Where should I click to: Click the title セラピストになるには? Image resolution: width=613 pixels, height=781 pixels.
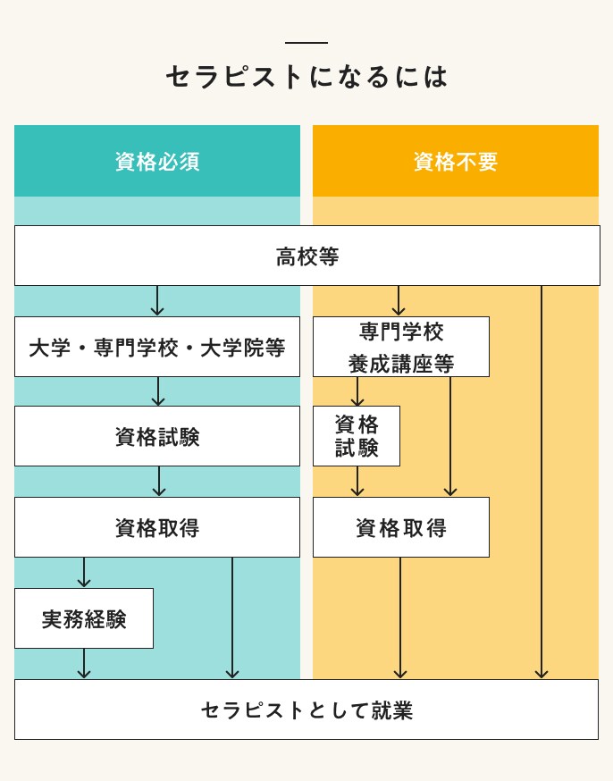tap(306, 77)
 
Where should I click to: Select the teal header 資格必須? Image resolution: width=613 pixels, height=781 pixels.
tap(157, 161)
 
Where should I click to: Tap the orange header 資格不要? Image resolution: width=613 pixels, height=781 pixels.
tap(455, 161)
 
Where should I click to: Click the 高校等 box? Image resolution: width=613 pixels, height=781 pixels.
tap(306, 256)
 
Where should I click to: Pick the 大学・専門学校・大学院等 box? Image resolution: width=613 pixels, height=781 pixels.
tap(157, 347)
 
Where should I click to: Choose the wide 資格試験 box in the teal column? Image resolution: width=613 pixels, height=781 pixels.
tap(157, 436)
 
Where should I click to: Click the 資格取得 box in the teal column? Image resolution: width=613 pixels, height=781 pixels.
tap(157, 527)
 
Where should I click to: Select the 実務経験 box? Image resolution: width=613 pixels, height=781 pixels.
tap(84, 618)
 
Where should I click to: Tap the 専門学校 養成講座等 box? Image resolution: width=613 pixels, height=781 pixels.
tap(401, 347)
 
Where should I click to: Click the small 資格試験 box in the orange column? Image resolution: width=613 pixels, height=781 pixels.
tap(357, 436)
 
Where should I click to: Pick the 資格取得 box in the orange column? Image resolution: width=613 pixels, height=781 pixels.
tap(401, 527)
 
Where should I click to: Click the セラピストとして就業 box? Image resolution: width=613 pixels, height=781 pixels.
tap(306, 710)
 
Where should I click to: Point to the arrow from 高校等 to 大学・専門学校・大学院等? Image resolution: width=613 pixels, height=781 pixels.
tap(157, 301)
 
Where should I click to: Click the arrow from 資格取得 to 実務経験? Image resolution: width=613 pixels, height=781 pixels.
tap(84, 573)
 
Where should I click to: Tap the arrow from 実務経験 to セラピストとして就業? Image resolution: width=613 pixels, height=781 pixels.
tap(84, 664)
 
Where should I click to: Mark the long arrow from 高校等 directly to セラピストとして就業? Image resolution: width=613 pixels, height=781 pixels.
tap(542, 483)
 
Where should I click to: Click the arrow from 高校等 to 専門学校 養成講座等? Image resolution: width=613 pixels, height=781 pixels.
tap(399, 301)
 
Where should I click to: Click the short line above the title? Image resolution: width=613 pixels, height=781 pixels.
tap(306, 43)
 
